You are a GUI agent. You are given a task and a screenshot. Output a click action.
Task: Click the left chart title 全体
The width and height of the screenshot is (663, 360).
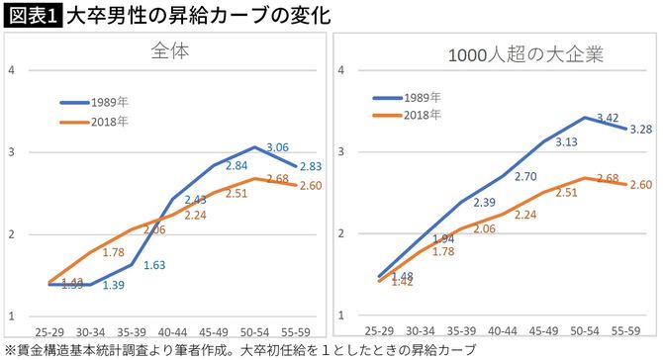coord(170,50)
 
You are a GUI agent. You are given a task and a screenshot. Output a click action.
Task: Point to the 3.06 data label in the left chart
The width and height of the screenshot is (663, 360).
coord(280,147)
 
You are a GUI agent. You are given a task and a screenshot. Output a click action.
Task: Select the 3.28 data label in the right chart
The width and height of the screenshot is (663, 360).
coord(639,129)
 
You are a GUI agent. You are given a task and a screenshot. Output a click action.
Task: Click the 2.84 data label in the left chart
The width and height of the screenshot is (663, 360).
coord(237,165)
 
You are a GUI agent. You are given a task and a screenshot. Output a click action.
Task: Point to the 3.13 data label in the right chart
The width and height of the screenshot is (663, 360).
coord(564,141)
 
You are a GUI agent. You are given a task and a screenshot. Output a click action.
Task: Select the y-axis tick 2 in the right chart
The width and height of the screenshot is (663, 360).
coord(339,233)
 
